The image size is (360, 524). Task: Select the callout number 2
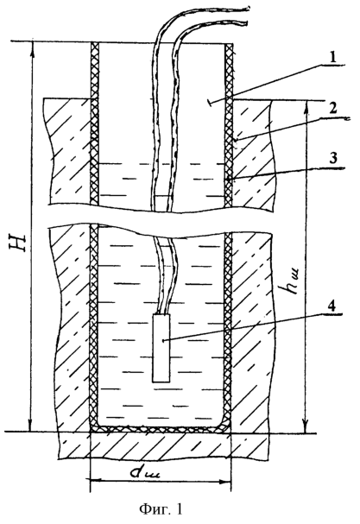click(332, 110)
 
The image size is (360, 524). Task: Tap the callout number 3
click(332, 160)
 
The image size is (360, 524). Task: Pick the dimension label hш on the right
click(291, 281)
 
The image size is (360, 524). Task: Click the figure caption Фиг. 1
click(161, 509)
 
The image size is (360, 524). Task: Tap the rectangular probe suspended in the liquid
click(161, 348)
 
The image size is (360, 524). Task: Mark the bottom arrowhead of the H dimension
click(31, 427)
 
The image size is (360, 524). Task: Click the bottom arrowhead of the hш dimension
click(306, 428)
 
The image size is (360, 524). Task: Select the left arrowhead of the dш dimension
click(95, 481)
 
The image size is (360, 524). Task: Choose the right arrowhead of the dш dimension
click(225, 482)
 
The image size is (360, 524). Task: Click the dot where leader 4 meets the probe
click(163, 341)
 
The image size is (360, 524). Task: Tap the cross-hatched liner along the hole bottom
click(161, 429)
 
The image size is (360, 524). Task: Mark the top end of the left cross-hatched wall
click(95, 44)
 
